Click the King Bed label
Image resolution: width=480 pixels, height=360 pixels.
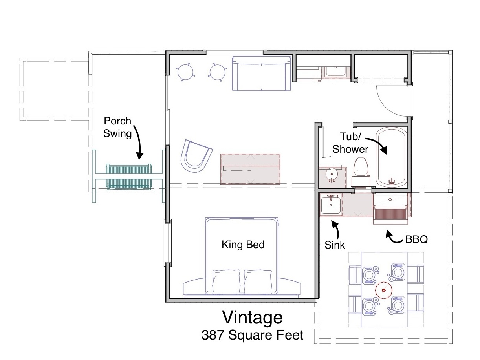(243, 245)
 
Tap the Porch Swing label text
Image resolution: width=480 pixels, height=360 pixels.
(117, 127)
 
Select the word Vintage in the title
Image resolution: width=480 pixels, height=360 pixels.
(253, 318)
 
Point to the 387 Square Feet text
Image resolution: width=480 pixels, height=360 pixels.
(252, 335)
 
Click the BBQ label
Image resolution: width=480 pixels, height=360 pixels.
(417, 239)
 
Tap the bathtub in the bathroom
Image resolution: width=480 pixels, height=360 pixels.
(391, 156)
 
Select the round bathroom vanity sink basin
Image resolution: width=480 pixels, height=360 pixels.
(332, 175)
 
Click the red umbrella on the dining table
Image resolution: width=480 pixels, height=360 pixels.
(383, 290)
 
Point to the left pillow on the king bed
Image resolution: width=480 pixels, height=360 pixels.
(226, 282)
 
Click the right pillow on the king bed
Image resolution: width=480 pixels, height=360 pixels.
(258, 282)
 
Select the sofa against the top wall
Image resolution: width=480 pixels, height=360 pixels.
(262, 73)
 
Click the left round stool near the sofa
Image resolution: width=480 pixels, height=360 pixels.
(185, 72)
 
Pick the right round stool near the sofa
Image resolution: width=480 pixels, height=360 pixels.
(217, 72)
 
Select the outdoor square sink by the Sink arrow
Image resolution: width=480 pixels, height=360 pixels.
(331, 205)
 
